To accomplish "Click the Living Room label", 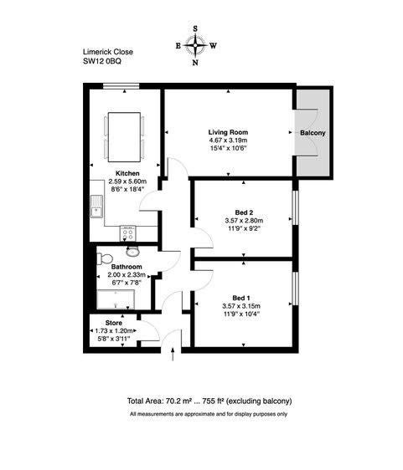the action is tap(228, 132).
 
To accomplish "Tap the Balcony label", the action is tap(313, 133).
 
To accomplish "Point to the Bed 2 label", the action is tap(244, 212).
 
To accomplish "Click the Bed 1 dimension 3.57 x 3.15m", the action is tap(241, 306).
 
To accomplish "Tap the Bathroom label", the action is tap(127, 267).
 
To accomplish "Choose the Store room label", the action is tap(113, 323).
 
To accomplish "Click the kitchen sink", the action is tap(96, 206).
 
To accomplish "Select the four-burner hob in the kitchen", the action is tap(128, 232).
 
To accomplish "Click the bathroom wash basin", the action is tap(132, 252).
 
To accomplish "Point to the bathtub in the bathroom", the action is tap(116, 299).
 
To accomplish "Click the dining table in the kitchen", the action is tap(124, 137).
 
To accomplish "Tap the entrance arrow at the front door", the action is tap(173, 355).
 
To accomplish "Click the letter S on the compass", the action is tap(195, 28).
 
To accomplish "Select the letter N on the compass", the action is tap(195, 63).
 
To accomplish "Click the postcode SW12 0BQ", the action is tap(102, 61).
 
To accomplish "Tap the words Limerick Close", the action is tap(108, 52).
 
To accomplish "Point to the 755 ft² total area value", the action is tap(214, 401).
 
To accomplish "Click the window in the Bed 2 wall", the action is tap(296, 207).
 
